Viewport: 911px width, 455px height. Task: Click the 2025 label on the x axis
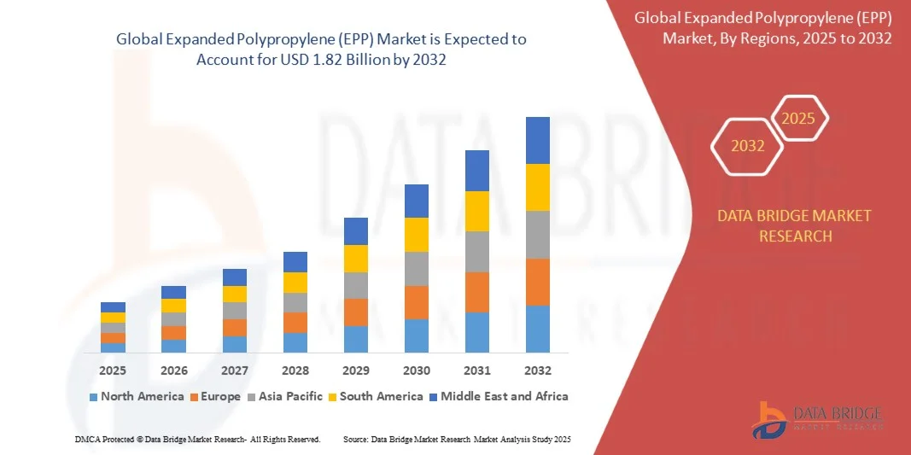pyautogui.click(x=113, y=370)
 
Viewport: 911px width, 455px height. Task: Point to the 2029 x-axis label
pyautogui.click(x=356, y=370)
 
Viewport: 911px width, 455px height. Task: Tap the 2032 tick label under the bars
pyautogui.click(x=538, y=370)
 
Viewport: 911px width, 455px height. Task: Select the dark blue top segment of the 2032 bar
pyautogui.click(x=538, y=140)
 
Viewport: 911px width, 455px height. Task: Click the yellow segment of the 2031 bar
pyautogui.click(x=477, y=211)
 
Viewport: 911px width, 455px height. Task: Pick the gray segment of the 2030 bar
pyautogui.click(x=417, y=268)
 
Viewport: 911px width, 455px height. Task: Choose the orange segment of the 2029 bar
pyautogui.click(x=356, y=312)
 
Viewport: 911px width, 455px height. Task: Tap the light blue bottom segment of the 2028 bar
pyautogui.click(x=295, y=342)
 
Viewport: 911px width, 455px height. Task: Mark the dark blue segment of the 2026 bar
pyautogui.click(x=173, y=292)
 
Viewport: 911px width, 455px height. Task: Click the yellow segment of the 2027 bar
pyautogui.click(x=235, y=294)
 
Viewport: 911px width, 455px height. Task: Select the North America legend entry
pyautogui.click(x=137, y=396)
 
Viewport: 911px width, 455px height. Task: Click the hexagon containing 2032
pyautogui.click(x=747, y=146)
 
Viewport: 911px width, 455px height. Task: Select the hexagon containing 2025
pyautogui.click(x=799, y=119)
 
